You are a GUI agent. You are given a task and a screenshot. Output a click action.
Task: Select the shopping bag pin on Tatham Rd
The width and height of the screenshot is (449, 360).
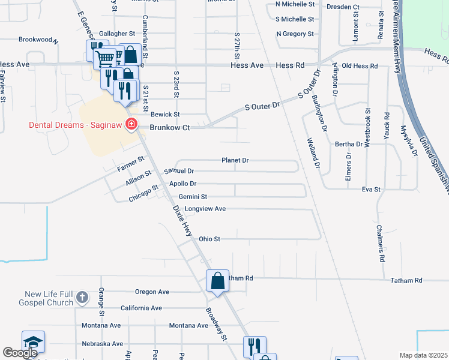point(217,281)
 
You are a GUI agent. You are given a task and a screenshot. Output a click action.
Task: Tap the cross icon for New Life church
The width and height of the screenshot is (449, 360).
point(83,297)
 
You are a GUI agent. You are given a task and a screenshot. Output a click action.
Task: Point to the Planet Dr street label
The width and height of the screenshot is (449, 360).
point(235,160)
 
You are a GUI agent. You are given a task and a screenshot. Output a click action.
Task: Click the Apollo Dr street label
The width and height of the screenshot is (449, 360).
point(183,184)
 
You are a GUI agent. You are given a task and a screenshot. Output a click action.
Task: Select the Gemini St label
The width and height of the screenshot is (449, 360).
point(192,196)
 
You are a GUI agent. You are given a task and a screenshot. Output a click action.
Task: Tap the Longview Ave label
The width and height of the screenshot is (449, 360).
point(205,209)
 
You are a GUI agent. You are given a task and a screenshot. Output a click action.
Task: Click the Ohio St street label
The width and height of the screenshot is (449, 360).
point(209,239)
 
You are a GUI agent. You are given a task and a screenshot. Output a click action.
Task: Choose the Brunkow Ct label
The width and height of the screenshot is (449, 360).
point(169,127)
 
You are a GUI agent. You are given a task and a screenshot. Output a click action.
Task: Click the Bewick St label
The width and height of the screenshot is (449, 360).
point(165,114)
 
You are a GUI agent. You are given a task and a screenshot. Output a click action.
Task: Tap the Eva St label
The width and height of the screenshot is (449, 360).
point(371,189)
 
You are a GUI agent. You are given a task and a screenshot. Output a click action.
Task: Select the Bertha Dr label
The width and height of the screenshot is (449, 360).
point(349,144)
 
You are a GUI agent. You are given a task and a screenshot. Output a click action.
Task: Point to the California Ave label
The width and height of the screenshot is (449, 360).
point(141,308)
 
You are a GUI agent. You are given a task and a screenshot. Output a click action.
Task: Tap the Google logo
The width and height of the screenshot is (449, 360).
point(20,353)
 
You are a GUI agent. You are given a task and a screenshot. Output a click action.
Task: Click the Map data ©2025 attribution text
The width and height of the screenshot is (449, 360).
point(423,355)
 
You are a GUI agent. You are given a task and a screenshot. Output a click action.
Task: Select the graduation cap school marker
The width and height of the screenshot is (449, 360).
point(33,342)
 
